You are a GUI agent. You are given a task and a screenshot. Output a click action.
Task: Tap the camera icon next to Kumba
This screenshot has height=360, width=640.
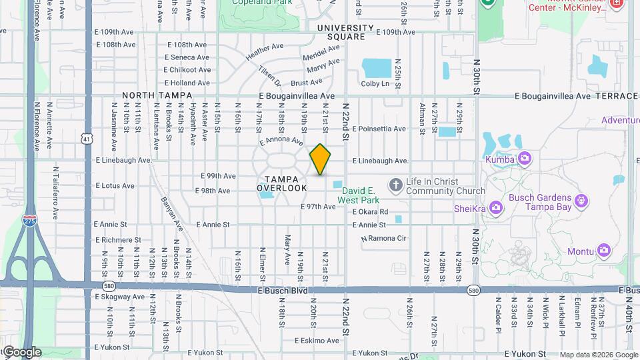pyautogui.click(x=525, y=159)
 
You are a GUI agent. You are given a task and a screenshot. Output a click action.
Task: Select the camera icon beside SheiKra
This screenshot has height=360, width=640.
pyautogui.click(x=495, y=208)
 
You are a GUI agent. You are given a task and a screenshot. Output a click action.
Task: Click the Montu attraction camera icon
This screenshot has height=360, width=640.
pyautogui.click(x=604, y=251)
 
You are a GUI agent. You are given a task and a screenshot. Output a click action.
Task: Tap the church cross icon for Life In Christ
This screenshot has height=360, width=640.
pyautogui.click(x=396, y=184)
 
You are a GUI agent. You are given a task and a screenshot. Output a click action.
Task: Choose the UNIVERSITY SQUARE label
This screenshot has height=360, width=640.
pyautogui.click(x=345, y=32)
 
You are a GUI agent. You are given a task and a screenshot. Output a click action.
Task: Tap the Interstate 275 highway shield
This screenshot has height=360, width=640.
pyautogui.click(x=29, y=222)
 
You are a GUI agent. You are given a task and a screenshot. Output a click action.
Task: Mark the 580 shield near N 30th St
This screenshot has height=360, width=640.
pyautogui.click(x=473, y=291)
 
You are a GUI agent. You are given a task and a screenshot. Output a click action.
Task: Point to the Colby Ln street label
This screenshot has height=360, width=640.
pyautogui.click(x=375, y=83)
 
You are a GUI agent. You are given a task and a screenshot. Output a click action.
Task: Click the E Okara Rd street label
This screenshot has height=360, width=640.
pyautogui.click(x=370, y=211)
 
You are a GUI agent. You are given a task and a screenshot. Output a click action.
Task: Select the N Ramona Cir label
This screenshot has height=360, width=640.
pyautogui.click(x=383, y=238)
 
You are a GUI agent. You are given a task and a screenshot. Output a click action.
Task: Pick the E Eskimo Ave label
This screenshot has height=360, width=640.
pyautogui.click(x=317, y=340)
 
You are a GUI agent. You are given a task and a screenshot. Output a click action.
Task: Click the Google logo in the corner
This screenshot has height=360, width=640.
pyautogui.click(x=21, y=352)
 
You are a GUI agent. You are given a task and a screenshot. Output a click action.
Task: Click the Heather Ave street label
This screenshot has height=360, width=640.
pyautogui.click(x=265, y=53)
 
